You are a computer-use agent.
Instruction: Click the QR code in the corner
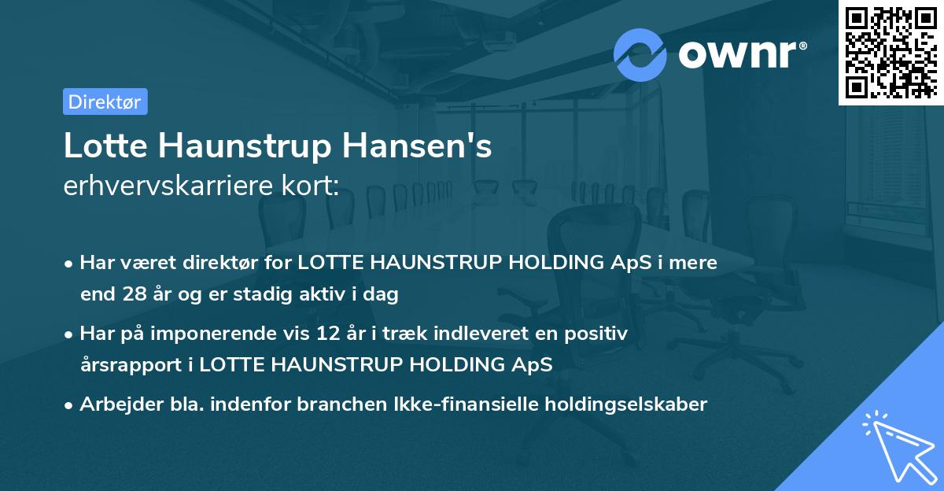click(891, 53)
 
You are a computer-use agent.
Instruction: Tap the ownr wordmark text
click(742, 54)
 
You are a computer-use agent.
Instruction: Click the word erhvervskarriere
click(172, 186)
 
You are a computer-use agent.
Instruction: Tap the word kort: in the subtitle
click(312, 186)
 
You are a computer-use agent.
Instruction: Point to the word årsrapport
click(135, 365)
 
